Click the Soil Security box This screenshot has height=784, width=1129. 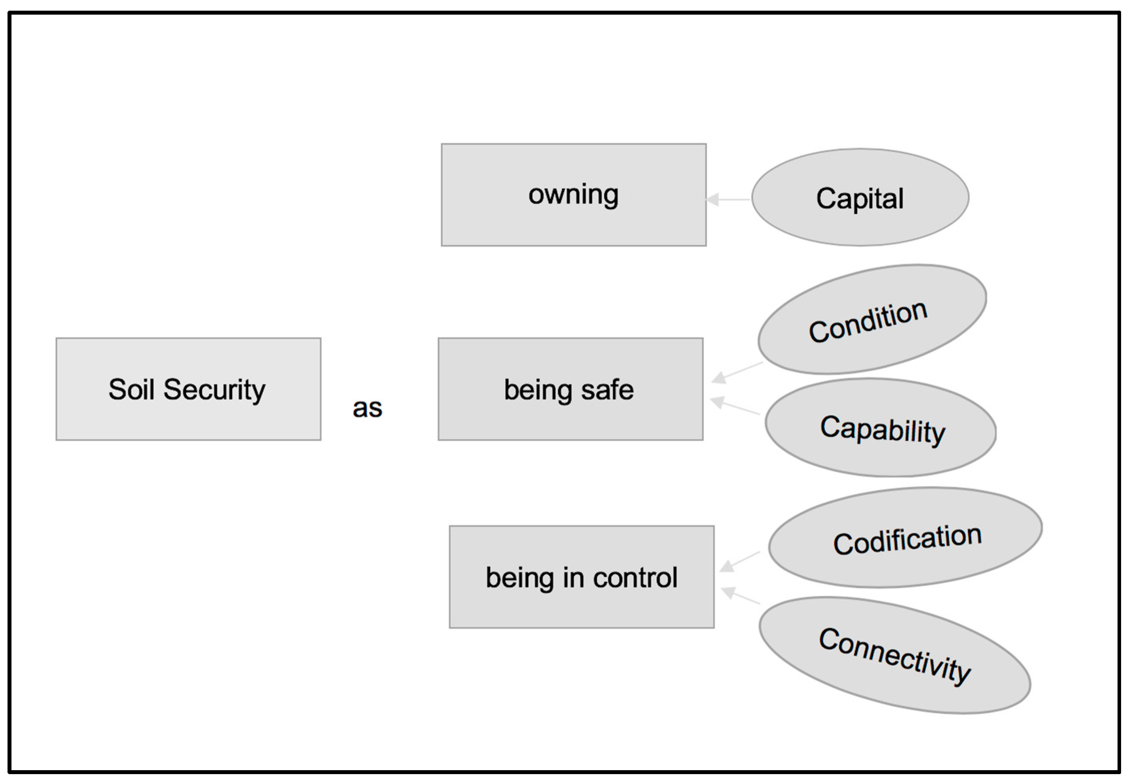(188, 389)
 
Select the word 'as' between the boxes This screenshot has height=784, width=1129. (367, 408)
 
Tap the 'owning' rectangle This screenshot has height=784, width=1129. (573, 195)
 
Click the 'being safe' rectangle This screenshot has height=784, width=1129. (570, 389)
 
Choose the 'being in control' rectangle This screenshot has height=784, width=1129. (581, 577)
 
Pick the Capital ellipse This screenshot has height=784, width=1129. (860, 197)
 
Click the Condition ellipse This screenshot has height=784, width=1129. (871, 320)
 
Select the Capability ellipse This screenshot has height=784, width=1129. (880, 428)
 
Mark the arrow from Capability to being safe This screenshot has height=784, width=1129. (735, 406)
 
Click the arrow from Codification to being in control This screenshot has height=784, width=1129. (740, 561)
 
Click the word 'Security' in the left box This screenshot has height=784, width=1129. (214, 389)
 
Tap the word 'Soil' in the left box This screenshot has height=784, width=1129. (131, 389)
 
